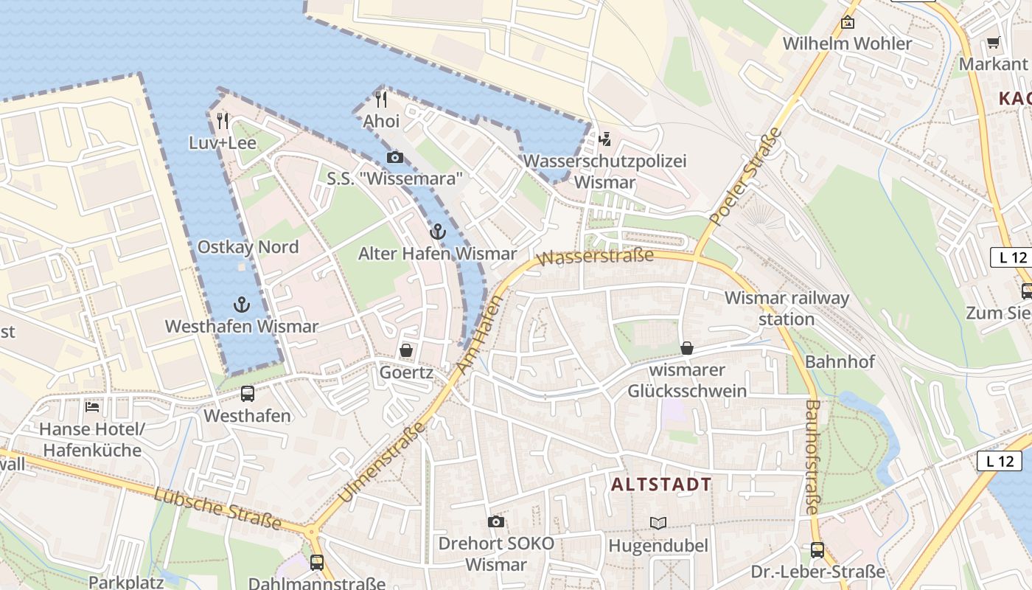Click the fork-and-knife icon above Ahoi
point(381,99)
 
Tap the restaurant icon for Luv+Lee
point(222,119)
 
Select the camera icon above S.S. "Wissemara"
point(394,157)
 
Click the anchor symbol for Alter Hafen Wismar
point(438,232)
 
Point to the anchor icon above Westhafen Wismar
point(242,304)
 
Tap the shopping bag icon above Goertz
point(405,350)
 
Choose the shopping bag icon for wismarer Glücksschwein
point(687,347)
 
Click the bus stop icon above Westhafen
point(248,394)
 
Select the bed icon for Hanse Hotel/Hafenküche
point(92,406)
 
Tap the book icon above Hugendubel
point(658,523)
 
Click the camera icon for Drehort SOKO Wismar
point(496,522)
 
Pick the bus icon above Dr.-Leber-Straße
point(817,549)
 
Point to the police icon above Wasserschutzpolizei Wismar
point(605,139)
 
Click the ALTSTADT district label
point(662,485)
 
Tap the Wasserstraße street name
point(596,257)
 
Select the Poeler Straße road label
point(745,177)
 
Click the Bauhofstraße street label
point(812,457)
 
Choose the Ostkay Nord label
point(248,247)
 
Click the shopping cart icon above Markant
point(993,42)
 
